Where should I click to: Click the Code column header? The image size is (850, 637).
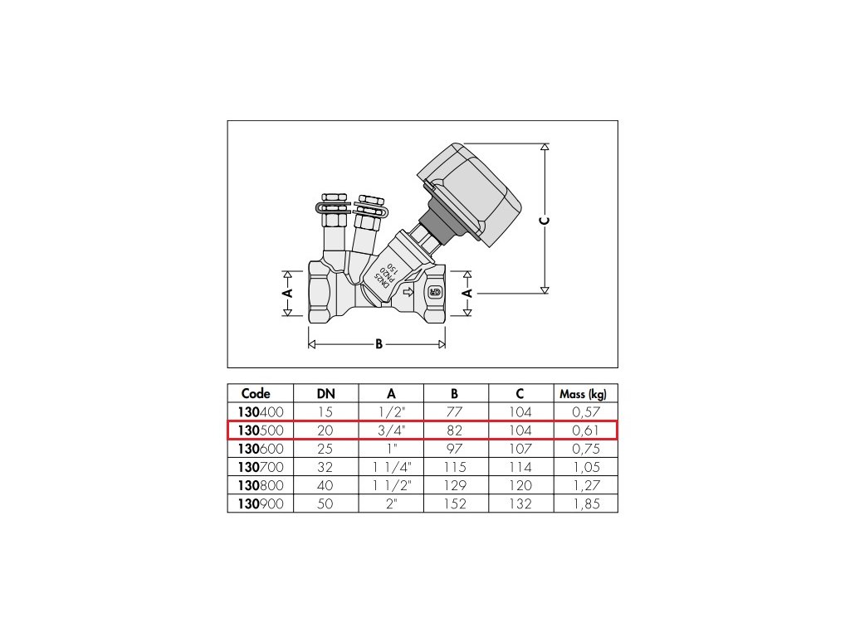point(256,394)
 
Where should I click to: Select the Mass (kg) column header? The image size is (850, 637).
point(584,394)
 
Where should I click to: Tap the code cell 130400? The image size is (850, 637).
point(261,412)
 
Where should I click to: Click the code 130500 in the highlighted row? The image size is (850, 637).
point(261,430)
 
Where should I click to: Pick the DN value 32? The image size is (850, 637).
point(325,467)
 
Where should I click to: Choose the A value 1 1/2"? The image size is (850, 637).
point(392,485)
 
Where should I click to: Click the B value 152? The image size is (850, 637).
point(455,503)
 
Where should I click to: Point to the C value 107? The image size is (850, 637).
point(520,449)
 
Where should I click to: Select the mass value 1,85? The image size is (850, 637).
point(586,503)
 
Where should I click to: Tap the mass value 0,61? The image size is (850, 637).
point(586,430)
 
